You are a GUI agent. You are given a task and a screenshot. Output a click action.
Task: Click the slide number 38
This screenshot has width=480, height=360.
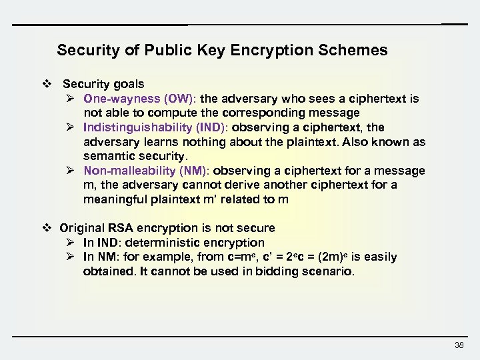(458, 345)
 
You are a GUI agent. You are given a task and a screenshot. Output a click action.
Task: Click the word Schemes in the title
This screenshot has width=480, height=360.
(357, 51)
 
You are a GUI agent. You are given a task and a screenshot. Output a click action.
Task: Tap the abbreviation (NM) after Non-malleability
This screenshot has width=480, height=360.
(195, 171)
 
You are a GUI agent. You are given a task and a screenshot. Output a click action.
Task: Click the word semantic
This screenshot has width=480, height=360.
(107, 156)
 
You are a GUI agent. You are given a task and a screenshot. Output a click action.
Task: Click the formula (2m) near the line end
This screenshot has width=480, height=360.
(332, 257)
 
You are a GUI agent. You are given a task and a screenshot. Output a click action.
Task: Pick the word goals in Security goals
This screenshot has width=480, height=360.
(128, 85)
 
